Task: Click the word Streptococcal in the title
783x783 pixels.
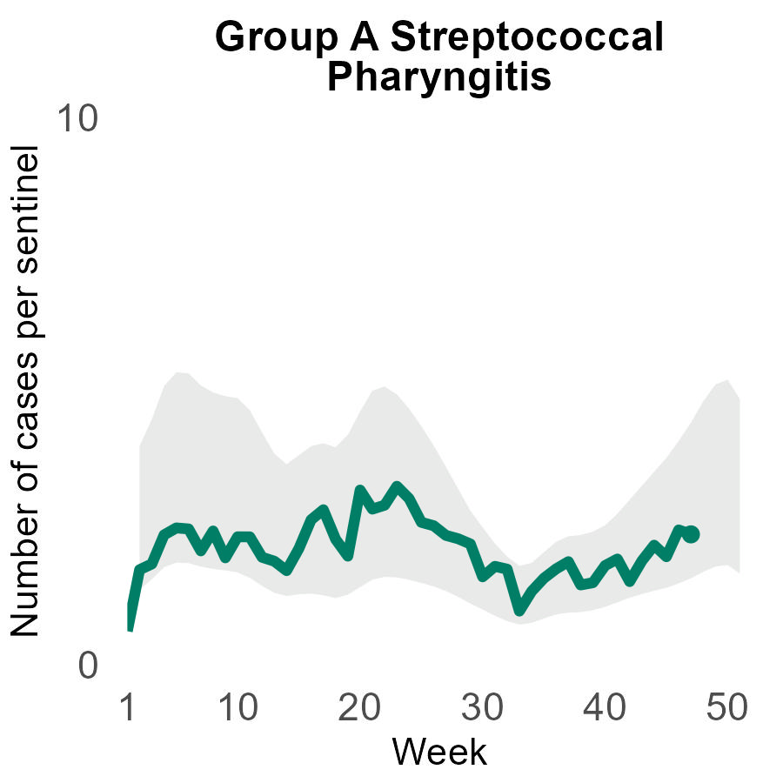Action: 526,38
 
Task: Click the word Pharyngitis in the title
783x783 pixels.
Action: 439,77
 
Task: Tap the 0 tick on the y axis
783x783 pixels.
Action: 87,666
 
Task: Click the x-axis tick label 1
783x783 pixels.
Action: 129,709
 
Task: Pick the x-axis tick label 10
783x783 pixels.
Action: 238,709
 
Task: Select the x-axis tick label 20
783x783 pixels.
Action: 358,709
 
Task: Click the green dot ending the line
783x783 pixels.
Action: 691,534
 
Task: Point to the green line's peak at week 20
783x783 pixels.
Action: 358,491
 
